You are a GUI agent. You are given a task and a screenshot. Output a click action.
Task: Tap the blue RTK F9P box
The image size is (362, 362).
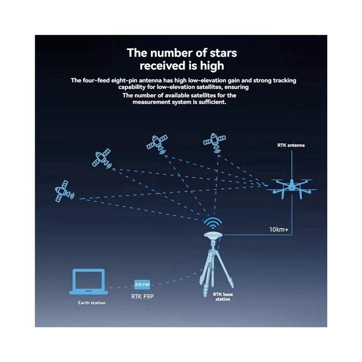pyautogui.click(x=142, y=284)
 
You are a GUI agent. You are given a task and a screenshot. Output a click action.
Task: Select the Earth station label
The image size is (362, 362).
pyautogui.click(x=92, y=303)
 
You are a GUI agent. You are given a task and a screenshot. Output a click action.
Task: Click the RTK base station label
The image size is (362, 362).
pyautogui.click(x=223, y=297)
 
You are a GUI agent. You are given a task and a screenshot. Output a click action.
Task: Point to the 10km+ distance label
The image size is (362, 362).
pyautogui.click(x=279, y=230)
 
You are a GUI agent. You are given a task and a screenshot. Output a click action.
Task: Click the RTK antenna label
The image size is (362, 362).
pyautogui.click(x=291, y=145)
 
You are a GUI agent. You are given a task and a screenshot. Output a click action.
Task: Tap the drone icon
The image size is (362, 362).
pyautogui.click(x=292, y=188)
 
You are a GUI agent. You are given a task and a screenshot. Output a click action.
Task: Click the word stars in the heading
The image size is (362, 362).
pyautogui.click(x=223, y=53)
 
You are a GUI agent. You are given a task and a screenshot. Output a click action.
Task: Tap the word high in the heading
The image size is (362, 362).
pyautogui.click(x=212, y=66)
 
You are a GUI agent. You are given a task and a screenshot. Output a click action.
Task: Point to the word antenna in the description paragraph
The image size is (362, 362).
pyautogui.click(x=151, y=80)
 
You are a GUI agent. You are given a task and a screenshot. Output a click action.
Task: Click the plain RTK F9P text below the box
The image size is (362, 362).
pyautogui.click(x=142, y=297)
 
